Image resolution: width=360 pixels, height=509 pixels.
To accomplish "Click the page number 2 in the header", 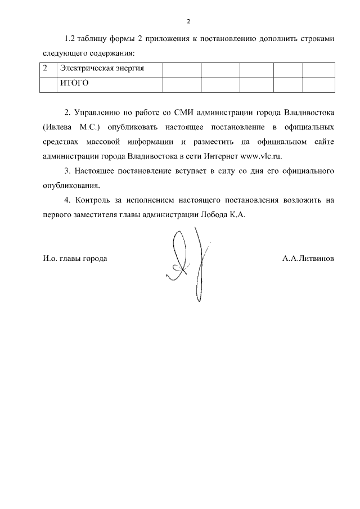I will (x=189, y=21).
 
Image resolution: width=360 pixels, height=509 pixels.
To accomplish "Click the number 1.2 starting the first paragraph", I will (x=70, y=39).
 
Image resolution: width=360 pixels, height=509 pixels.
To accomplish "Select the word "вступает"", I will (x=174, y=170).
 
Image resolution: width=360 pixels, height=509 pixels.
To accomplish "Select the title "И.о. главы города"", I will (x=75, y=259).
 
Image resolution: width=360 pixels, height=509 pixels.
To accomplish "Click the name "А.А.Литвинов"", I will (x=309, y=259).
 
